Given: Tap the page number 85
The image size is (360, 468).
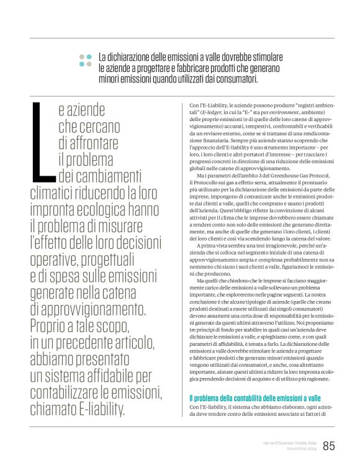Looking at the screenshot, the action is [x=329, y=445].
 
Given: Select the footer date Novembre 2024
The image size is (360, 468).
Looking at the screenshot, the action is [x=300, y=449].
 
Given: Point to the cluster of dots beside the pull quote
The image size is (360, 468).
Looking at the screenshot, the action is [x=85, y=60].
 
